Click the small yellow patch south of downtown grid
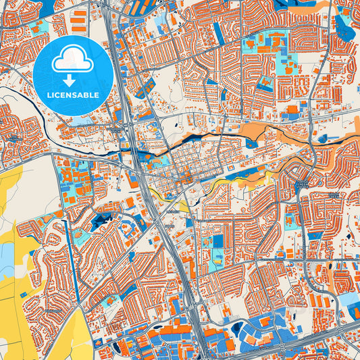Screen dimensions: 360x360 click(x=165, y=197)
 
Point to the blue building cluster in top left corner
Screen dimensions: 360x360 click(x=14, y=8)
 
